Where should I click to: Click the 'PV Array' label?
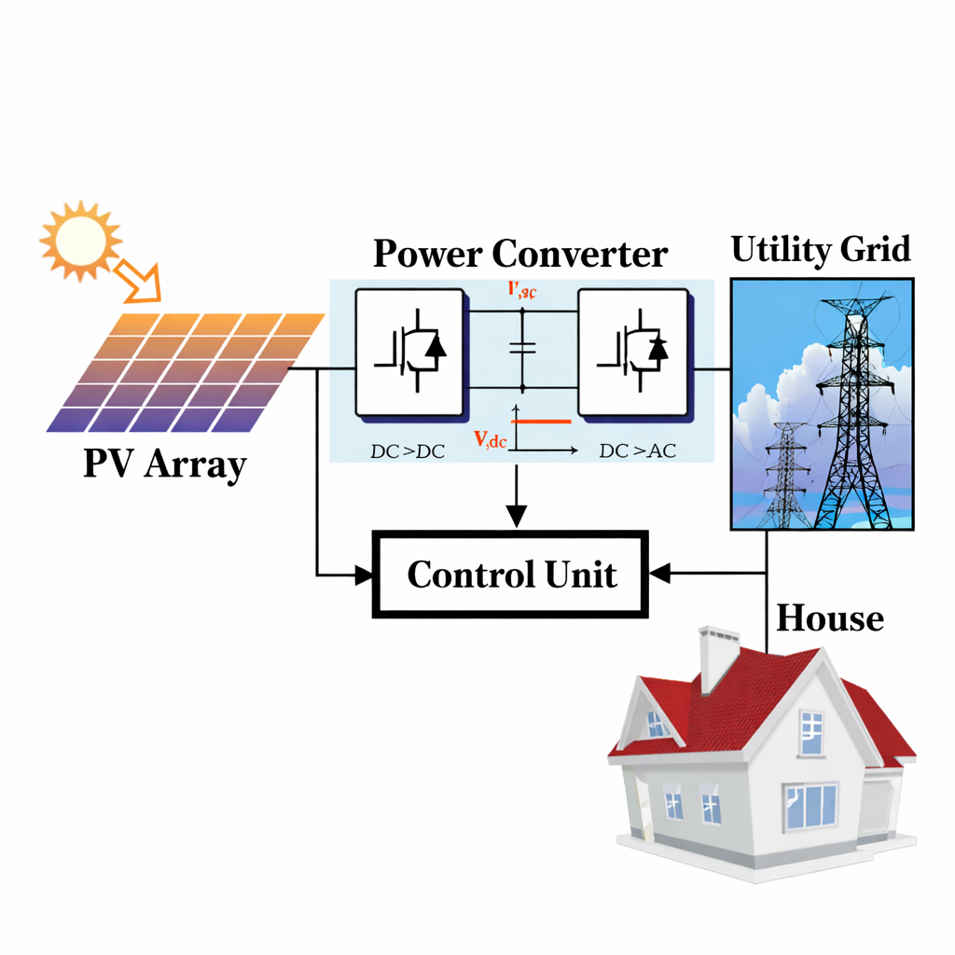click(x=164, y=464)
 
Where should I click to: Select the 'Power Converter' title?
click(x=520, y=254)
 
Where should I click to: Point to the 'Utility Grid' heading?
click(x=821, y=250)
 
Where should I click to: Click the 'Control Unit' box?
click(x=510, y=574)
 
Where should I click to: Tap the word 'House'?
click(x=829, y=617)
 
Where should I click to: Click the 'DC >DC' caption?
click(x=408, y=451)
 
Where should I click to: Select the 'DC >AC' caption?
click(x=637, y=451)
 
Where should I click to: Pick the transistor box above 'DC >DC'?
click(x=409, y=352)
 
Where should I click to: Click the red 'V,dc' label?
click(x=490, y=440)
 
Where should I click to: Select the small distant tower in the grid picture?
click(x=788, y=476)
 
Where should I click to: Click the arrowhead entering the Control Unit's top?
click(x=516, y=517)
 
